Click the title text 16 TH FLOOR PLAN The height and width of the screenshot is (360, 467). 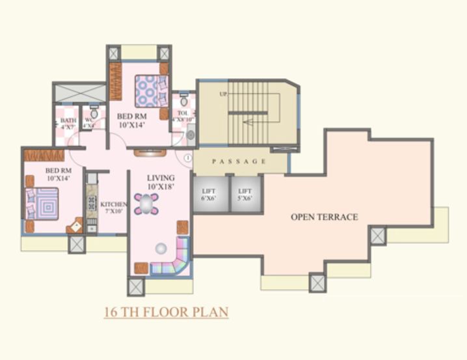[167, 312]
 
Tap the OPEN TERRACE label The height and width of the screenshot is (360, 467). [324, 217]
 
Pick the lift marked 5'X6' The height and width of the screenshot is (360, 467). [245, 193]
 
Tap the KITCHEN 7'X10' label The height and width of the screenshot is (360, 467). [113, 208]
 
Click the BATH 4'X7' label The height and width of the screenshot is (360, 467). [68, 123]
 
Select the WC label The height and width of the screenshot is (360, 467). [88, 123]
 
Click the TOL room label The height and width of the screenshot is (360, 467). [183, 116]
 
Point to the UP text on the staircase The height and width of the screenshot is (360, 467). [223, 95]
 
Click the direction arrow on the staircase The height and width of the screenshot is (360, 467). [254, 121]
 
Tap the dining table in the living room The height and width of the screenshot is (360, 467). [146, 204]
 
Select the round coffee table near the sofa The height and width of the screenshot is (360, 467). [160, 248]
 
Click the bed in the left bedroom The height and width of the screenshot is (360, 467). [42, 204]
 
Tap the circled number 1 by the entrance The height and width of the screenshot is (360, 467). [187, 157]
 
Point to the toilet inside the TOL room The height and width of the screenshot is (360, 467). [184, 102]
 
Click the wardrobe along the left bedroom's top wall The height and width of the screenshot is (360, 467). [44, 156]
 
